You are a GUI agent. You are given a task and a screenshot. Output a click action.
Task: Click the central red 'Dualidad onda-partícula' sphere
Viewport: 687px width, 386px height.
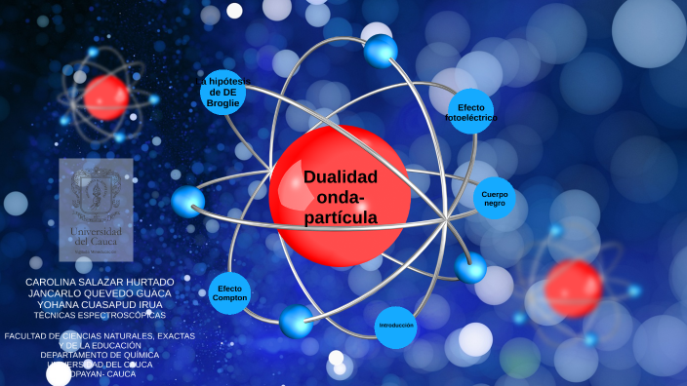pos(340,195)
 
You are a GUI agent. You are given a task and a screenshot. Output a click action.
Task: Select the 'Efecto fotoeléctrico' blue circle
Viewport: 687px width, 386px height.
pos(470,112)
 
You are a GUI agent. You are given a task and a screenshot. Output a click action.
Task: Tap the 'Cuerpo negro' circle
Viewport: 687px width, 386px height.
pos(494,198)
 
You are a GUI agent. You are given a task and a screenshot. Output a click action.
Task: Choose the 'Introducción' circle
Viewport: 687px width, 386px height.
pos(396,326)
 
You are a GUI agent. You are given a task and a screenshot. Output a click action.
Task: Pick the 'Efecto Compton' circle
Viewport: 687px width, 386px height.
pos(230,293)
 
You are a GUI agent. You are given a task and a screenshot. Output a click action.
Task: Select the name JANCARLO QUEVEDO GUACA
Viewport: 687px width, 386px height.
pos(100,292)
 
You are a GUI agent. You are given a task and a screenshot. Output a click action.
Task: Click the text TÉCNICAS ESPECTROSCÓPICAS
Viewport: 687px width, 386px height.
pos(100,315)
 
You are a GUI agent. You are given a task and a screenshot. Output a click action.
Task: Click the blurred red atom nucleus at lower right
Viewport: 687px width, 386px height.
pos(572,288)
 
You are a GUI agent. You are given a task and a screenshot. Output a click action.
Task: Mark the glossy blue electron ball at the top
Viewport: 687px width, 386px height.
pos(380,51)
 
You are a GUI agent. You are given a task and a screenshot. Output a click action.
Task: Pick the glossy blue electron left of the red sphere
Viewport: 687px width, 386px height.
pos(187,202)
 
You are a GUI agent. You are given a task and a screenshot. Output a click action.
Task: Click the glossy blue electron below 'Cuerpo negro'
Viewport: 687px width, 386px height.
pos(470,267)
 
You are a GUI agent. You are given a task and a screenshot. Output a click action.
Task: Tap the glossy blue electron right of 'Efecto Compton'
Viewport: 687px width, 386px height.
pos(296,321)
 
